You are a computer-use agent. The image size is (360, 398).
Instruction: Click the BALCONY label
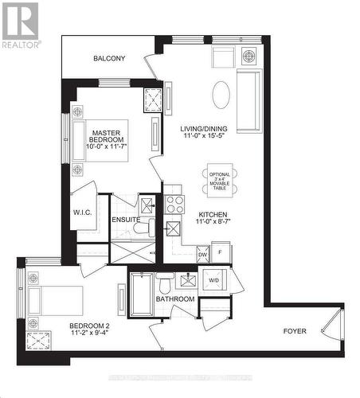pos(109,58)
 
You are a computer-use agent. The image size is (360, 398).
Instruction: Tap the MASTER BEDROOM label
pos(105,138)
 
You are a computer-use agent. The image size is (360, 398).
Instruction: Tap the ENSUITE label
pos(126,220)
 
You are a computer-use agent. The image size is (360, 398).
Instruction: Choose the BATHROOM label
pos(175,299)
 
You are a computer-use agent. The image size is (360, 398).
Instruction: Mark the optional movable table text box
pos(219,179)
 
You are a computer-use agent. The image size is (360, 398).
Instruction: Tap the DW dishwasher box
pos(202,254)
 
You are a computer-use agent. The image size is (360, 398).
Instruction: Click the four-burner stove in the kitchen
pos(174,205)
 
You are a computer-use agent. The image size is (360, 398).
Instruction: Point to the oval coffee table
pos(221,95)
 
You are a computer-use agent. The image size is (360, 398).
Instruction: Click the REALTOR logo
pos(20,25)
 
